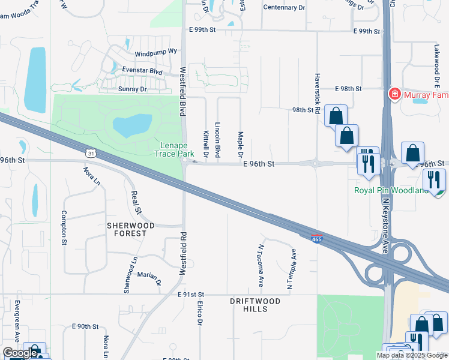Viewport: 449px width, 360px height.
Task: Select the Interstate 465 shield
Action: point(318,239)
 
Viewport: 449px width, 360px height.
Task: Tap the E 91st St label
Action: point(191,295)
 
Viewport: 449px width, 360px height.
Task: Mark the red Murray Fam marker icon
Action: point(394,94)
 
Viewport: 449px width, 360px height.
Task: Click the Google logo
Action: point(20,353)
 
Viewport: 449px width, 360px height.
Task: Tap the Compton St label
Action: point(63,227)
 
